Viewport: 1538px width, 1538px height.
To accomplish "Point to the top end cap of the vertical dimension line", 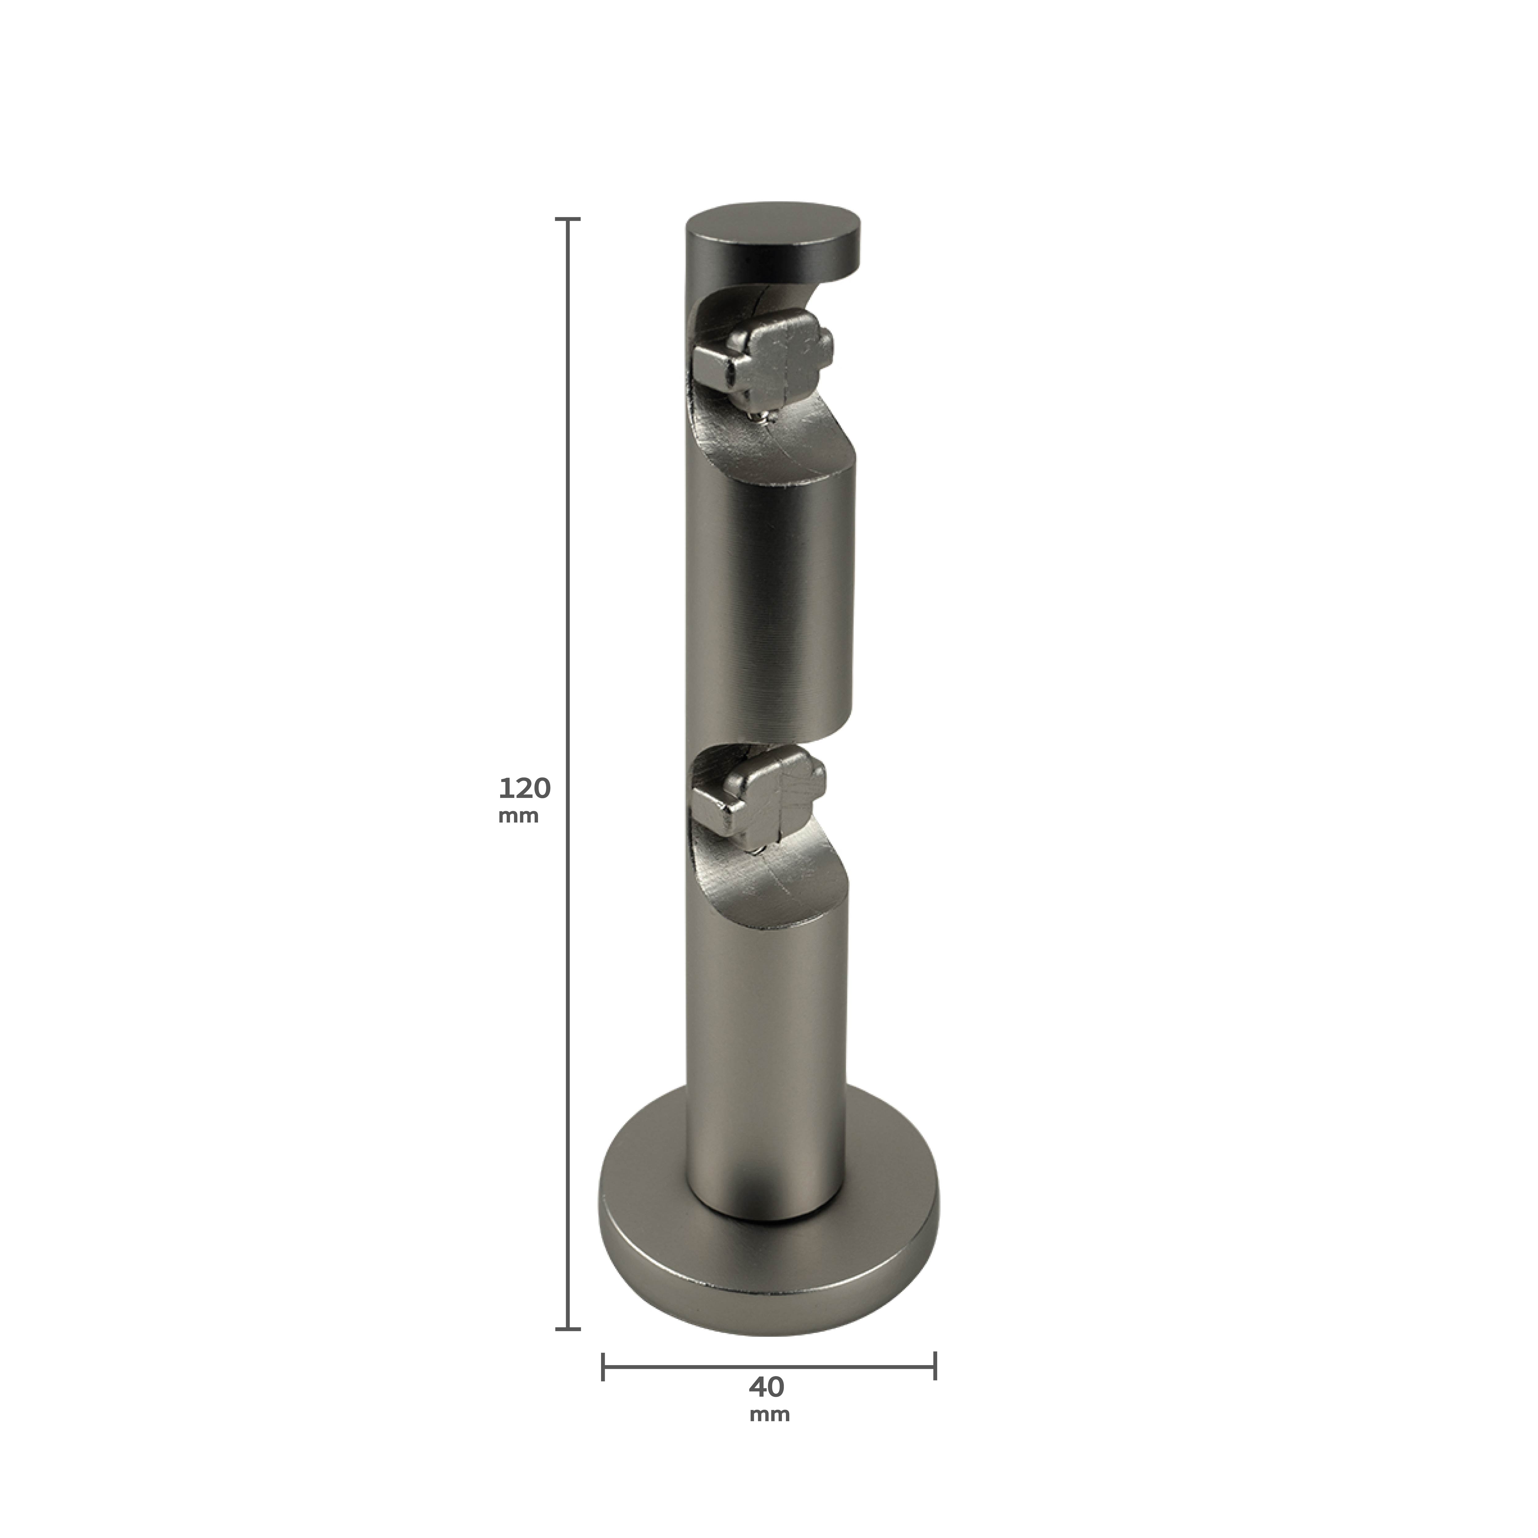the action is coord(568,218).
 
